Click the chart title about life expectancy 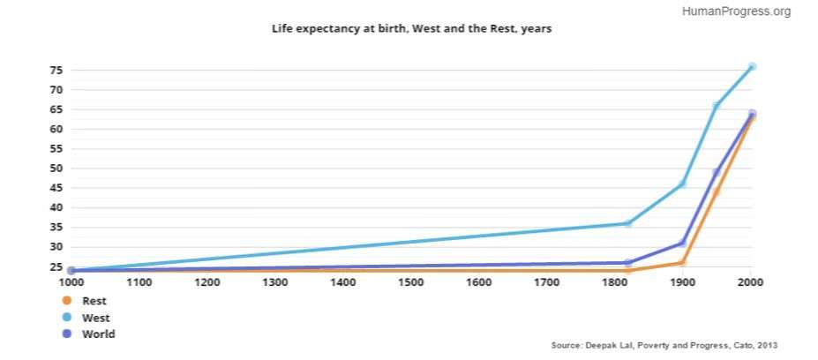(x=411, y=29)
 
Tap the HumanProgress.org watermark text (x=736, y=11)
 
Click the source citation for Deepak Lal (x=664, y=344)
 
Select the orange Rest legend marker (x=67, y=301)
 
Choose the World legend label (x=98, y=334)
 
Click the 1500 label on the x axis (x=411, y=282)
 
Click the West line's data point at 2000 (x=752, y=67)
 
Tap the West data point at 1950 (x=717, y=106)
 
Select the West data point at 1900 (x=682, y=184)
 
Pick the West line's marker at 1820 (x=628, y=223)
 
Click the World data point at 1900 (x=682, y=243)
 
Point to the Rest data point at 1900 (x=682, y=263)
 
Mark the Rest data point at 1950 (x=717, y=192)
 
